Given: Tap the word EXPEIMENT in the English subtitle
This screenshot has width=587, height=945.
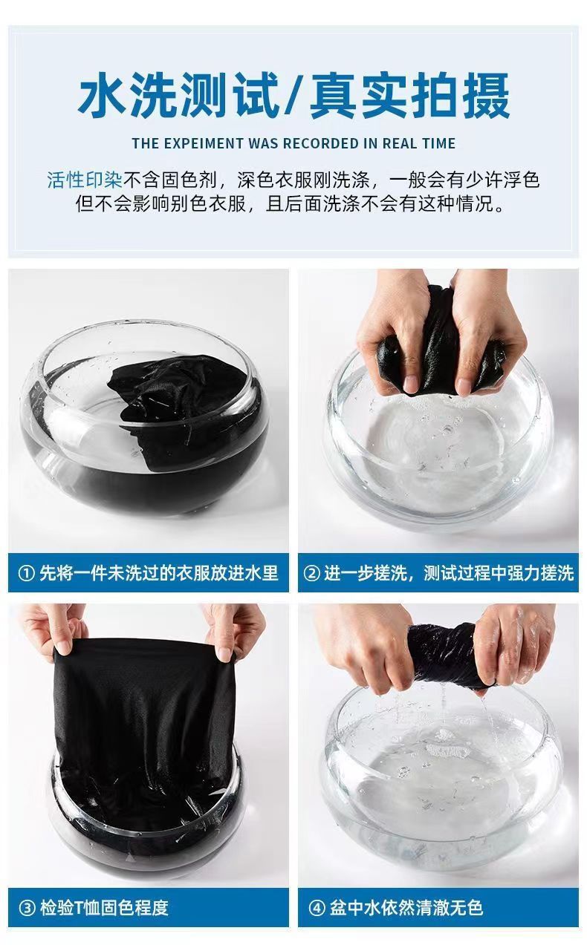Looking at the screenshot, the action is point(204,143).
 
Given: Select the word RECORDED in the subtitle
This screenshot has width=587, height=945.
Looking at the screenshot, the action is point(320,143).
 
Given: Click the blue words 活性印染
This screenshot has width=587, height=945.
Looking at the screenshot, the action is point(85,180).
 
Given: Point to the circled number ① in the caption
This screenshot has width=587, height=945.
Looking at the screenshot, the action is point(27,573).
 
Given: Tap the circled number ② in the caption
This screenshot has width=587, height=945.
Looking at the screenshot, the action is point(312,573).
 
